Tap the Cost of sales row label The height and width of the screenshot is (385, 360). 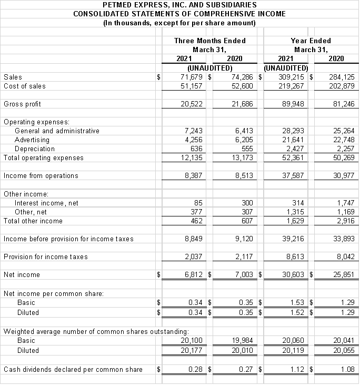point(25,86)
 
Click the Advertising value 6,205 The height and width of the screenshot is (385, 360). point(242,140)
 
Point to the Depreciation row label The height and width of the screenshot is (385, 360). point(33,149)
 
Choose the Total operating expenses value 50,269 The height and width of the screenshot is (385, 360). point(343,157)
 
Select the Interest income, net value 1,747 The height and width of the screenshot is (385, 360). point(345,203)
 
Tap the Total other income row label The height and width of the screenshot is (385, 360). point(33,221)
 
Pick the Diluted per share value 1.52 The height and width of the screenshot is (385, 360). point(297,312)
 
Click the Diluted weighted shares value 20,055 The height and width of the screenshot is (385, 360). point(343,350)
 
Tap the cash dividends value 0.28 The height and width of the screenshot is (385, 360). point(196,369)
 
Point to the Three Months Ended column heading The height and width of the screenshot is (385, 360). point(209,41)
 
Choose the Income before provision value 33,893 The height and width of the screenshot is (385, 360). point(343,239)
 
